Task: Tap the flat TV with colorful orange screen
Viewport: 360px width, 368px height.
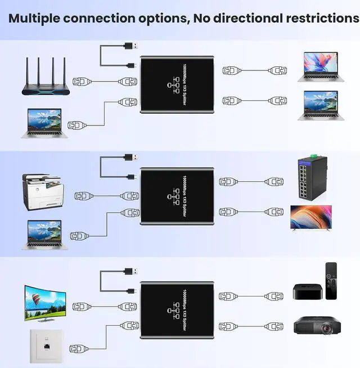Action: click(x=310, y=217)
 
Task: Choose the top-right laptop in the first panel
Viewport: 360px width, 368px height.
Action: click(x=321, y=65)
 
